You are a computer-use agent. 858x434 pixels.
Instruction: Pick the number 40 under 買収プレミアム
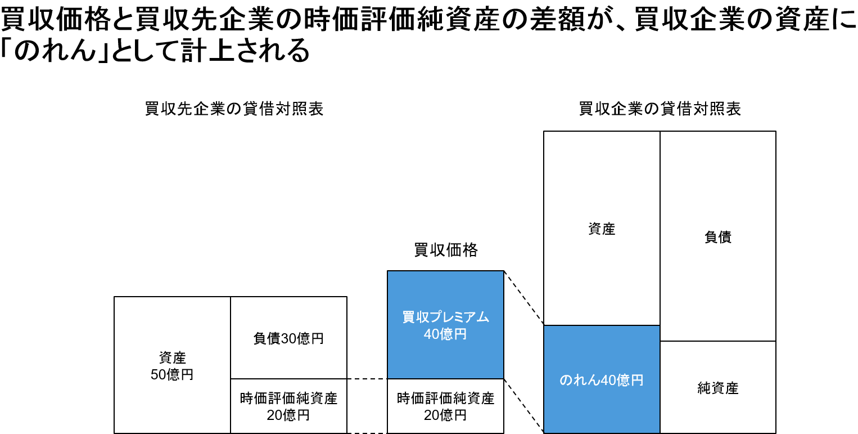click(x=431, y=334)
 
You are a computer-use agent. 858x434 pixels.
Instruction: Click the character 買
click(x=409, y=317)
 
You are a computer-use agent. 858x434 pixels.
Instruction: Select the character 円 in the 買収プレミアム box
click(x=460, y=334)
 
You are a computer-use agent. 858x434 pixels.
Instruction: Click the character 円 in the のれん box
click(x=637, y=381)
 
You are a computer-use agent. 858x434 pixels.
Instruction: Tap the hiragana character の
click(x=566, y=381)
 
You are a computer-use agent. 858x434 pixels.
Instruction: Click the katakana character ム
click(x=483, y=317)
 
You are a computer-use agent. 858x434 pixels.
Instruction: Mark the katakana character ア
click(x=471, y=317)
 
